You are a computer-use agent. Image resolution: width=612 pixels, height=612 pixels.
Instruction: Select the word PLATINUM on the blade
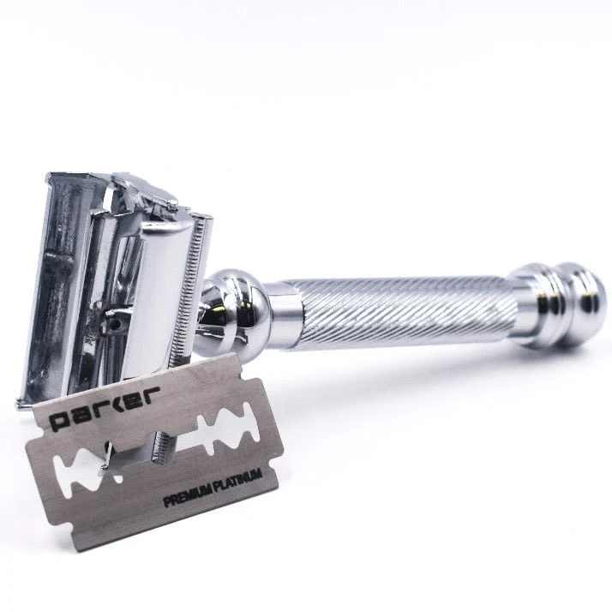point(237,478)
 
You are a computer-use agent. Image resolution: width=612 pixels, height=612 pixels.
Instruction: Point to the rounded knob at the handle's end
point(581,304)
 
